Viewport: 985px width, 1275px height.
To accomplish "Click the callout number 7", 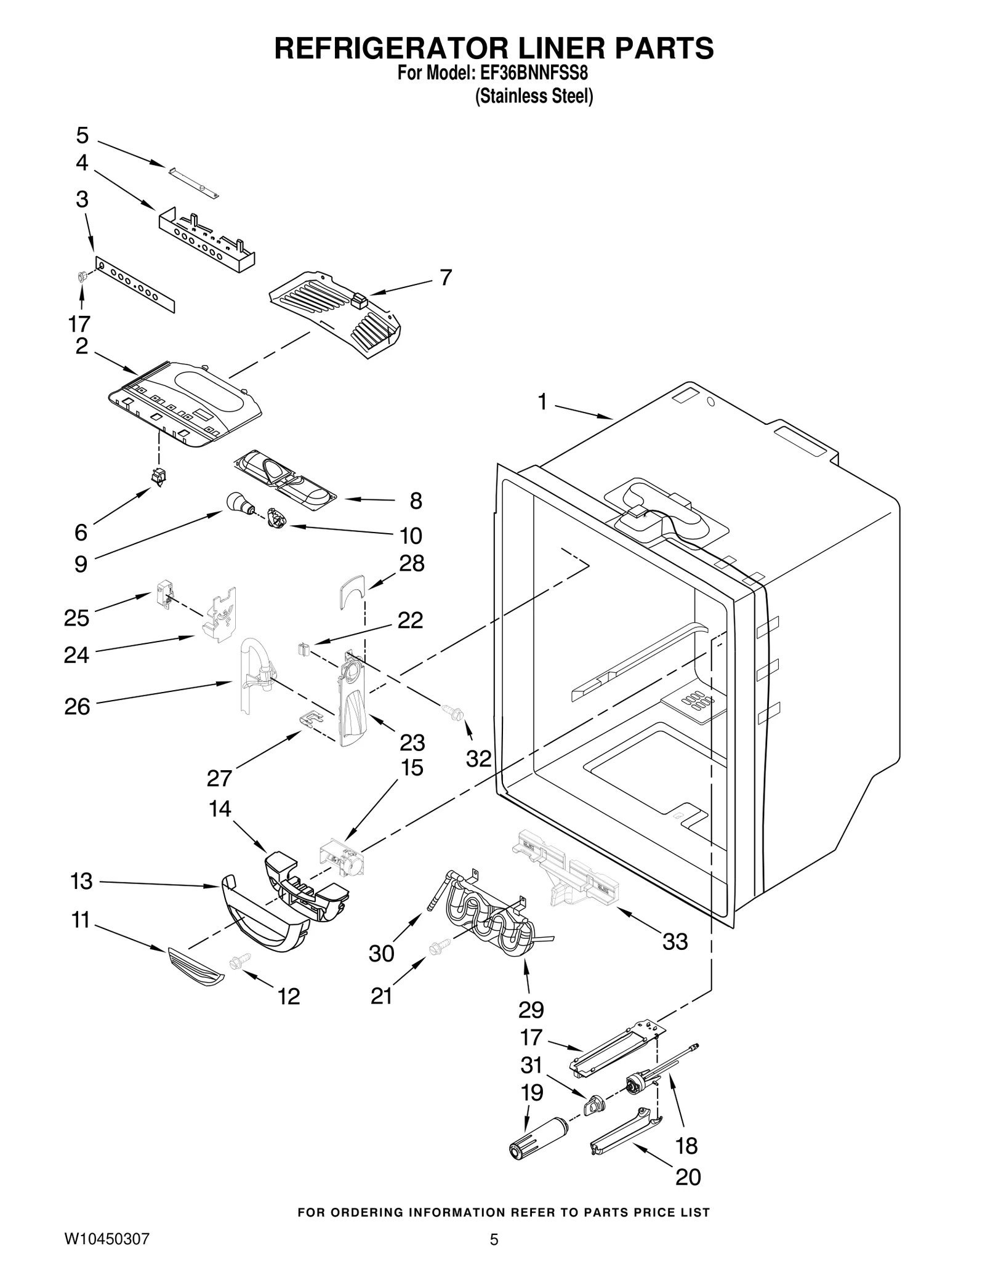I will click(x=446, y=278).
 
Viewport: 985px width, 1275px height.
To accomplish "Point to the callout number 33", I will click(x=675, y=941).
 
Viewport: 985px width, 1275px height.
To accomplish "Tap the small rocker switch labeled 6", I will click(x=159, y=477).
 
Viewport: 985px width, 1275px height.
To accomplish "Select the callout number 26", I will click(x=77, y=707).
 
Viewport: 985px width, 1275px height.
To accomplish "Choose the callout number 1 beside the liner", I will click(x=542, y=402).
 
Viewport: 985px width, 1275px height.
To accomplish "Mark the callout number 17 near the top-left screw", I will click(x=80, y=323).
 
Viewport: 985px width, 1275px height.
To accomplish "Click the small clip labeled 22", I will click(x=302, y=649).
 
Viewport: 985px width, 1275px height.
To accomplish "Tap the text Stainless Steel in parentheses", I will click(x=534, y=97).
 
